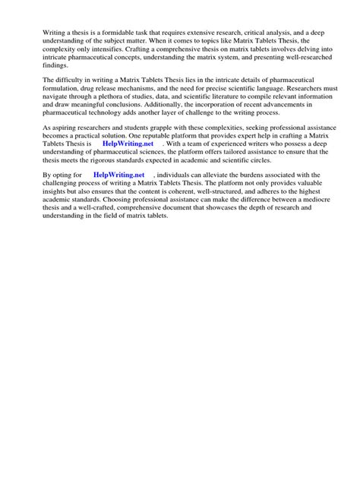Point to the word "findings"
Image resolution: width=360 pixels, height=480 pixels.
[55, 65]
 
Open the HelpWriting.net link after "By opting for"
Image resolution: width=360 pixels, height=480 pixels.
[118, 175]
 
